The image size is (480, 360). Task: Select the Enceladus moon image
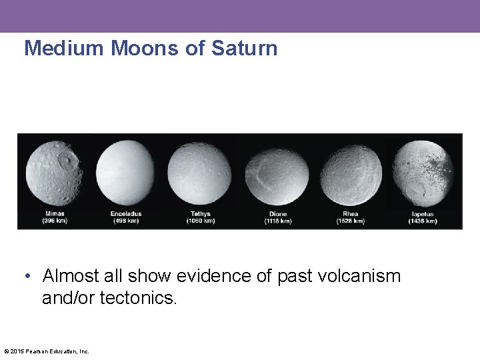click(x=125, y=173)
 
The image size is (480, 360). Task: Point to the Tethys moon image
click(x=199, y=173)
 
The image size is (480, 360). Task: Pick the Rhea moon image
click(x=351, y=175)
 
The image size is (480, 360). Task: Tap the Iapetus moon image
click(x=423, y=173)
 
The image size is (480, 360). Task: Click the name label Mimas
click(x=54, y=214)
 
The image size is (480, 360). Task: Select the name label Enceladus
click(x=126, y=214)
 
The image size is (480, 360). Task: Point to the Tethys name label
click(x=200, y=214)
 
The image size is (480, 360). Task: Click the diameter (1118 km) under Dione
click(x=277, y=221)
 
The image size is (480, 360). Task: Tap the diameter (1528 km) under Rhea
click(x=351, y=221)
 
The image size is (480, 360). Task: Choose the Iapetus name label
click(x=422, y=214)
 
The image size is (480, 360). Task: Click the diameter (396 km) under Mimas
click(x=54, y=221)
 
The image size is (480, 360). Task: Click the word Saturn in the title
click(x=244, y=49)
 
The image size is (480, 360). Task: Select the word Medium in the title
click(x=65, y=49)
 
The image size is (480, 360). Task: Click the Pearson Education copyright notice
click(x=46, y=351)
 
